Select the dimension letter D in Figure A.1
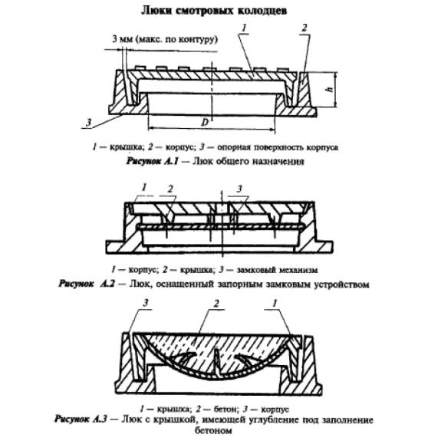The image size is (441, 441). pos(206,123)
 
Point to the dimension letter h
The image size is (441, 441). pos(330,89)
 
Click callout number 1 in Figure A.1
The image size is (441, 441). pos(244,28)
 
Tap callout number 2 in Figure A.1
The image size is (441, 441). pos(304,28)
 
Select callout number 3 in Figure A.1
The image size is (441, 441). pos(89,123)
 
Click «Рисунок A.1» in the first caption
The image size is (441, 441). pos(152,161)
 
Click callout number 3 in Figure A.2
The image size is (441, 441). pos(239,189)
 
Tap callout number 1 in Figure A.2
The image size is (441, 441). pos(144,187)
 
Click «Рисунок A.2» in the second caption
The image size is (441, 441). pos(87,284)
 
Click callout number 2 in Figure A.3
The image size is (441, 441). pos(216,304)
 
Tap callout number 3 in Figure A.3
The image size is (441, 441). pos(146,303)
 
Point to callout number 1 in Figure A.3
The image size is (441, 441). pos(275,303)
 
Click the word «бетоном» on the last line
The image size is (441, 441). pos(213,430)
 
